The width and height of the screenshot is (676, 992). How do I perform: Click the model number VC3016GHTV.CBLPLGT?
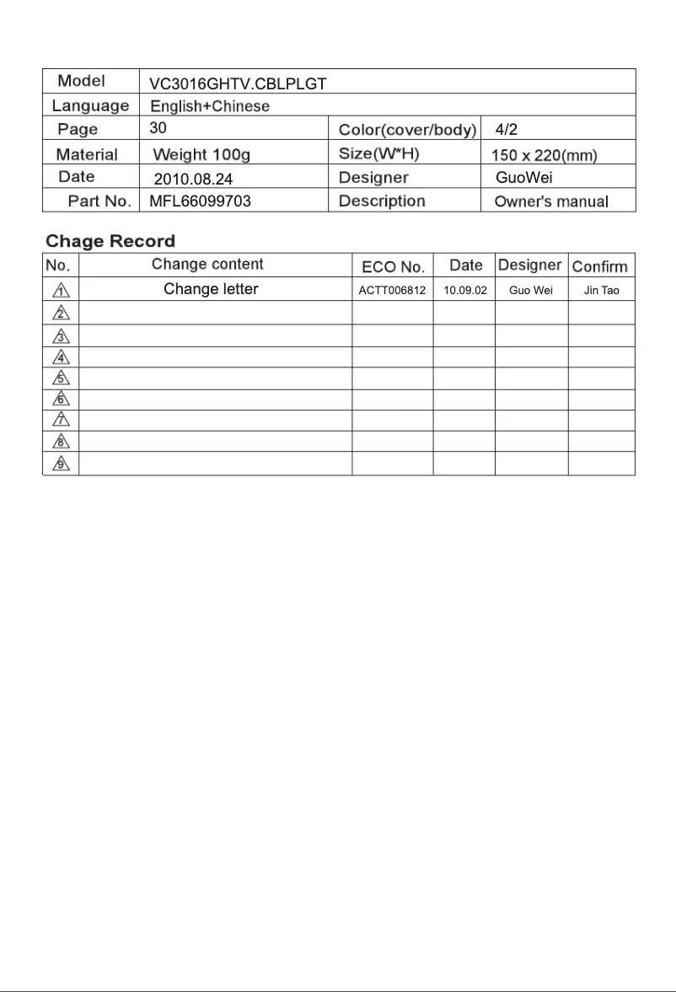coord(238,83)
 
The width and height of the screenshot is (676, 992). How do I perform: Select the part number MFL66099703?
coord(200,201)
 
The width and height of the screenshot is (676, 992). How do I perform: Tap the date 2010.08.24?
coord(192,179)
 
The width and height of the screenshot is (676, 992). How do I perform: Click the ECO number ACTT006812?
coord(392,291)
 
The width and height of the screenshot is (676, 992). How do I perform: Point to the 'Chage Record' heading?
coord(110,242)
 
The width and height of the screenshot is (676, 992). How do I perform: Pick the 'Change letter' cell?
coord(211,290)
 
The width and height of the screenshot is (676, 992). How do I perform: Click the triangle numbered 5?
coord(61,378)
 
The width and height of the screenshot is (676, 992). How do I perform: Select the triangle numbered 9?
coord(61,464)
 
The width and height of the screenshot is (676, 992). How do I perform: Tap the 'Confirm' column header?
coord(600,266)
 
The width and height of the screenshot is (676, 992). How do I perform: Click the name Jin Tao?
coord(602,291)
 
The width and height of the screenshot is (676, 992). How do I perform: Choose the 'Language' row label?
coord(90,106)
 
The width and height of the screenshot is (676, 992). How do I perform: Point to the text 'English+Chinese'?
coord(210,106)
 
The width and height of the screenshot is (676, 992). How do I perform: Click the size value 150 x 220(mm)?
coord(544,155)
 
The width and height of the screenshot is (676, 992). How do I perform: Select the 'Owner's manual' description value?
coord(551,201)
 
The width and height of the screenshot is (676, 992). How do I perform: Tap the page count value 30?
coord(158,129)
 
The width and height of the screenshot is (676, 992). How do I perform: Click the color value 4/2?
coord(507,130)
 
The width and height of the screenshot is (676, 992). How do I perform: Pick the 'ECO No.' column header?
coord(393,266)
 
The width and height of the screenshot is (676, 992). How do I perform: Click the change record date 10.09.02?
coord(465,291)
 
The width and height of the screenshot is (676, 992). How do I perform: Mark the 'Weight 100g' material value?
coord(201,155)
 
